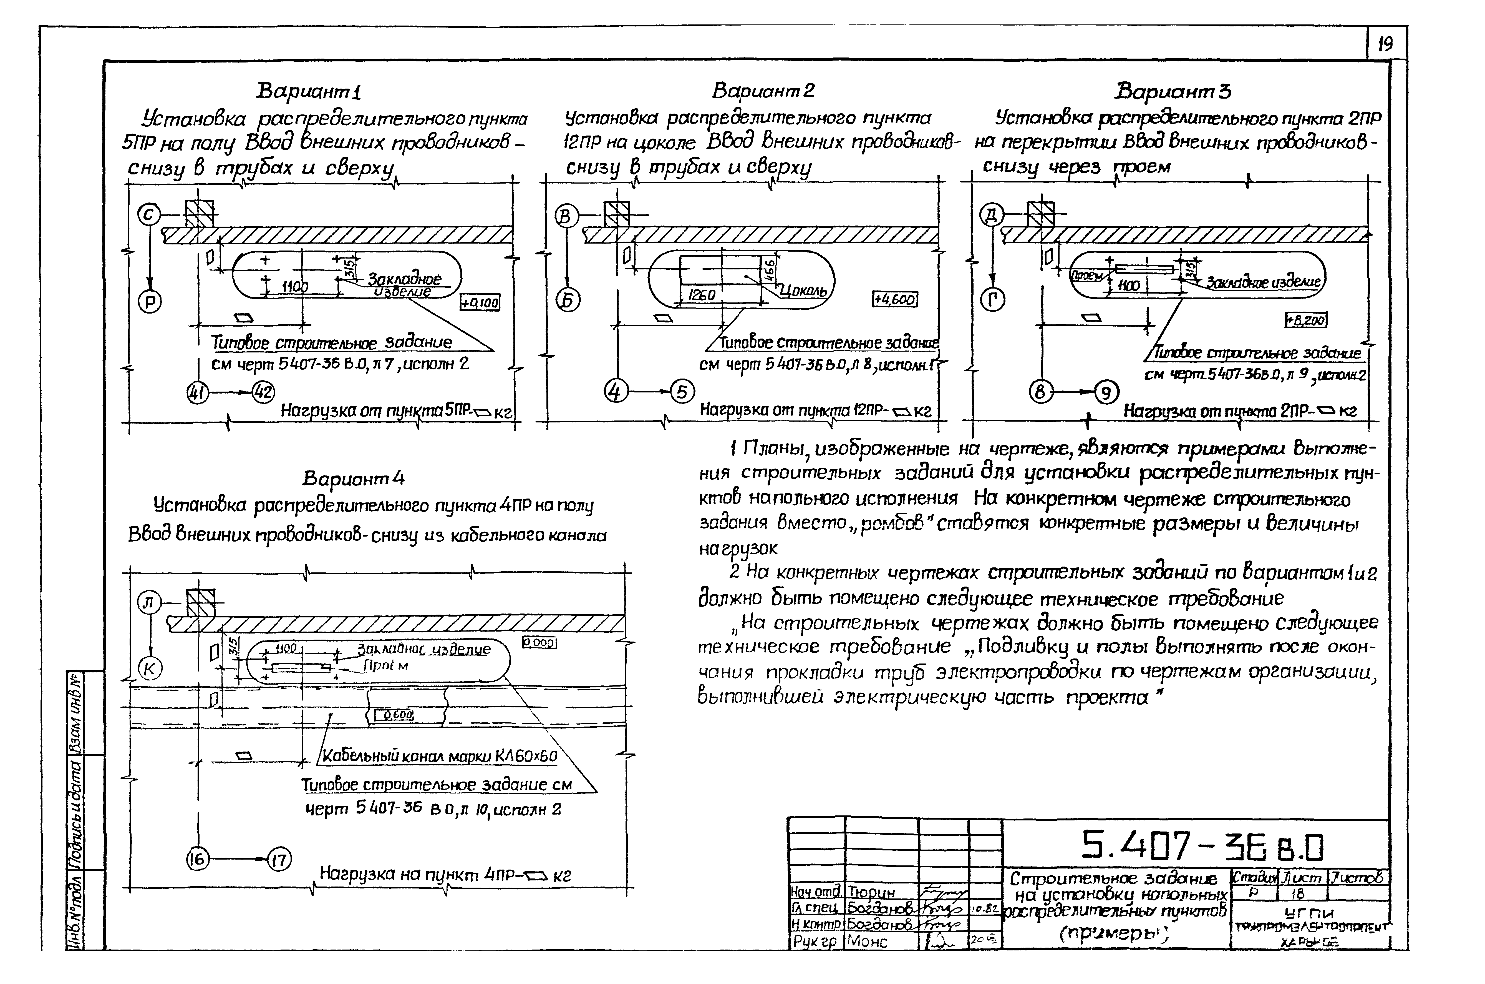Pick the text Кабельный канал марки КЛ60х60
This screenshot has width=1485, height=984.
click(439, 756)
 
